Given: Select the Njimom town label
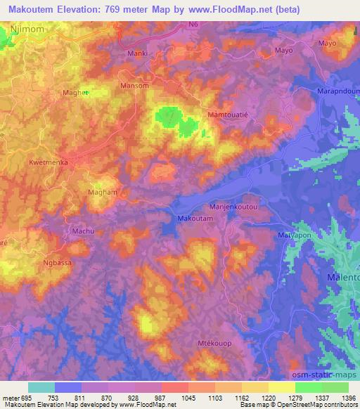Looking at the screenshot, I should tap(27, 30).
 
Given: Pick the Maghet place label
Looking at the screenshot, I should tap(76, 93).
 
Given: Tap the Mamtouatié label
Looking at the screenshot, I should tap(230, 114).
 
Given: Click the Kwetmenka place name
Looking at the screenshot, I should tap(48, 162).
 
